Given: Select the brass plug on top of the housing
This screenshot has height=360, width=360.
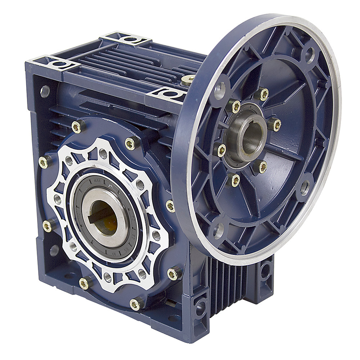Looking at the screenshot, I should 188,80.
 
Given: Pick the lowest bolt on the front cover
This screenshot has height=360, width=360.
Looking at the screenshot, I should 135,305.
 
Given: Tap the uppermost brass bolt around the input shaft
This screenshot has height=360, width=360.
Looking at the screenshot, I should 264,94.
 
